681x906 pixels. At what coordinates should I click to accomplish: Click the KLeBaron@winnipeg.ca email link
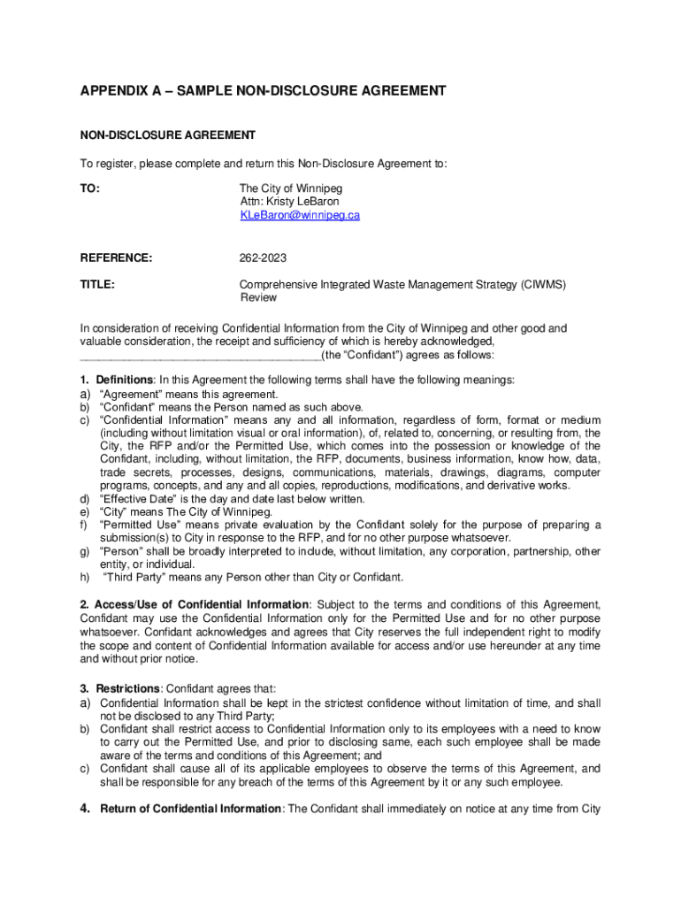click(x=300, y=215)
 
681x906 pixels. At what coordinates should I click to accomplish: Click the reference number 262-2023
click(x=263, y=258)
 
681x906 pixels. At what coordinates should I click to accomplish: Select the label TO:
click(x=89, y=188)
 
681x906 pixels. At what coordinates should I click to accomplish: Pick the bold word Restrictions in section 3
click(x=128, y=689)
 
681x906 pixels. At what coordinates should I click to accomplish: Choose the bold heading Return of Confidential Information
click(x=190, y=809)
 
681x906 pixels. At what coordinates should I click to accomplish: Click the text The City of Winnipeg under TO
click(x=291, y=188)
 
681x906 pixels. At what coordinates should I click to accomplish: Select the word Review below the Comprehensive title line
click(x=259, y=298)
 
